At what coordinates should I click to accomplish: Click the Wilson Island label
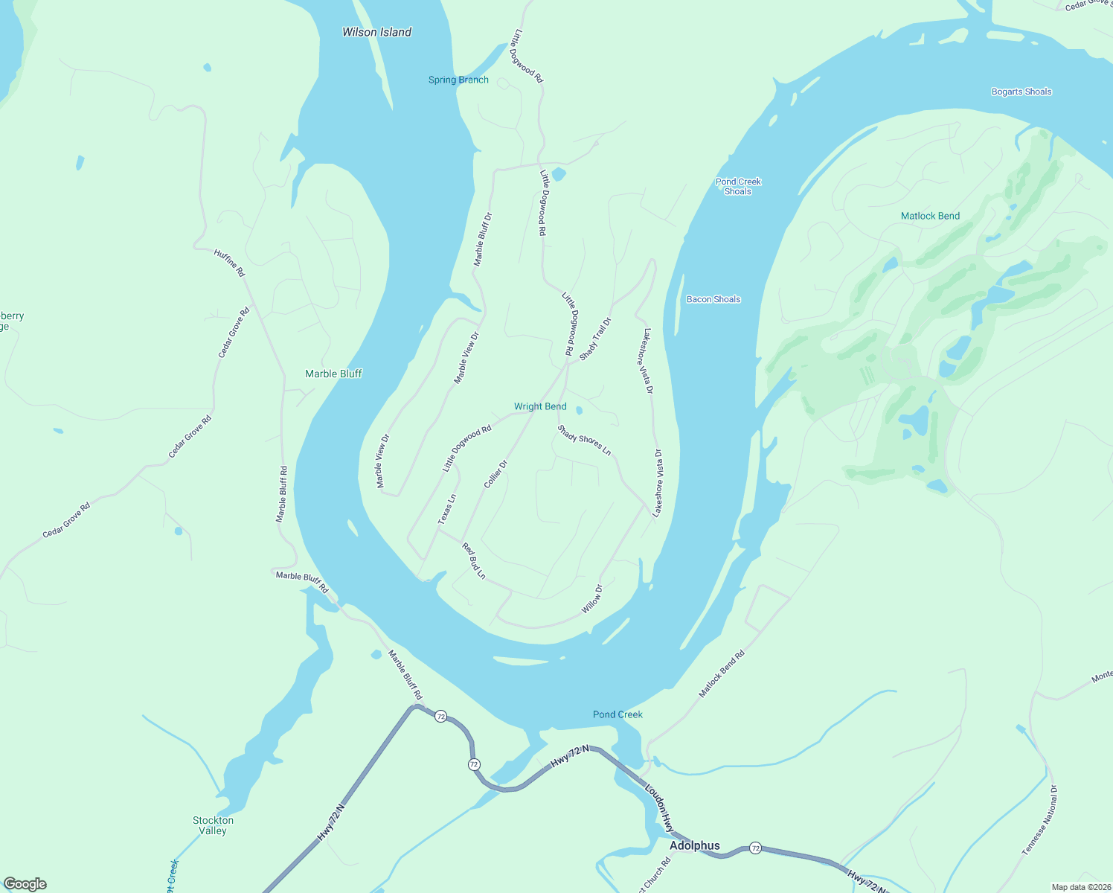(376, 32)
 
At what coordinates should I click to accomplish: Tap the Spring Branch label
(458, 80)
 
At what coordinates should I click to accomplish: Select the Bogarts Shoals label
(1021, 92)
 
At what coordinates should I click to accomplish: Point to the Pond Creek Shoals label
(738, 186)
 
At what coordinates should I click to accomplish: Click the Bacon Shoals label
(713, 299)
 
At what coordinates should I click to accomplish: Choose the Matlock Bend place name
(930, 216)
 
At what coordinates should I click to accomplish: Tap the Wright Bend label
(540, 406)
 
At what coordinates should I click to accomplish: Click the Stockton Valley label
(213, 825)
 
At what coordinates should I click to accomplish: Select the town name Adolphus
(694, 845)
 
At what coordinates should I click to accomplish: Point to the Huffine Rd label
(229, 263)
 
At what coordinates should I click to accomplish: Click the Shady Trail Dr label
(595, 339)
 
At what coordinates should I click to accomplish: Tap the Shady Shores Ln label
(584, 441)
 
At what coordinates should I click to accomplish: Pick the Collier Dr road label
(495, 474)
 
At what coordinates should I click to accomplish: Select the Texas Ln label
(447, 509)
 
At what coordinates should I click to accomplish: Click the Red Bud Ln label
(474, 561)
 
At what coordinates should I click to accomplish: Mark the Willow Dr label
(592, 599)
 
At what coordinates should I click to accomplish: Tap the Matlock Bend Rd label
(722, 674)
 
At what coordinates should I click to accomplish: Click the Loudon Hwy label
(659, 807)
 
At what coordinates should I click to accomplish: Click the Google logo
(25, 884)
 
